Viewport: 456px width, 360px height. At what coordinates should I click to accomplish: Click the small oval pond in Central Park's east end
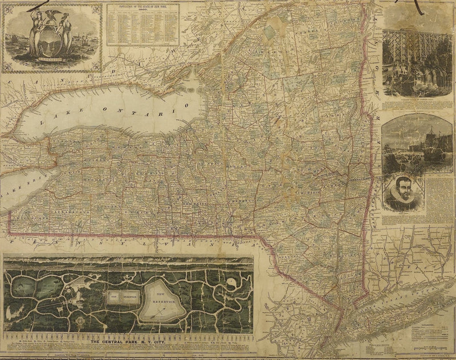point(233,283)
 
